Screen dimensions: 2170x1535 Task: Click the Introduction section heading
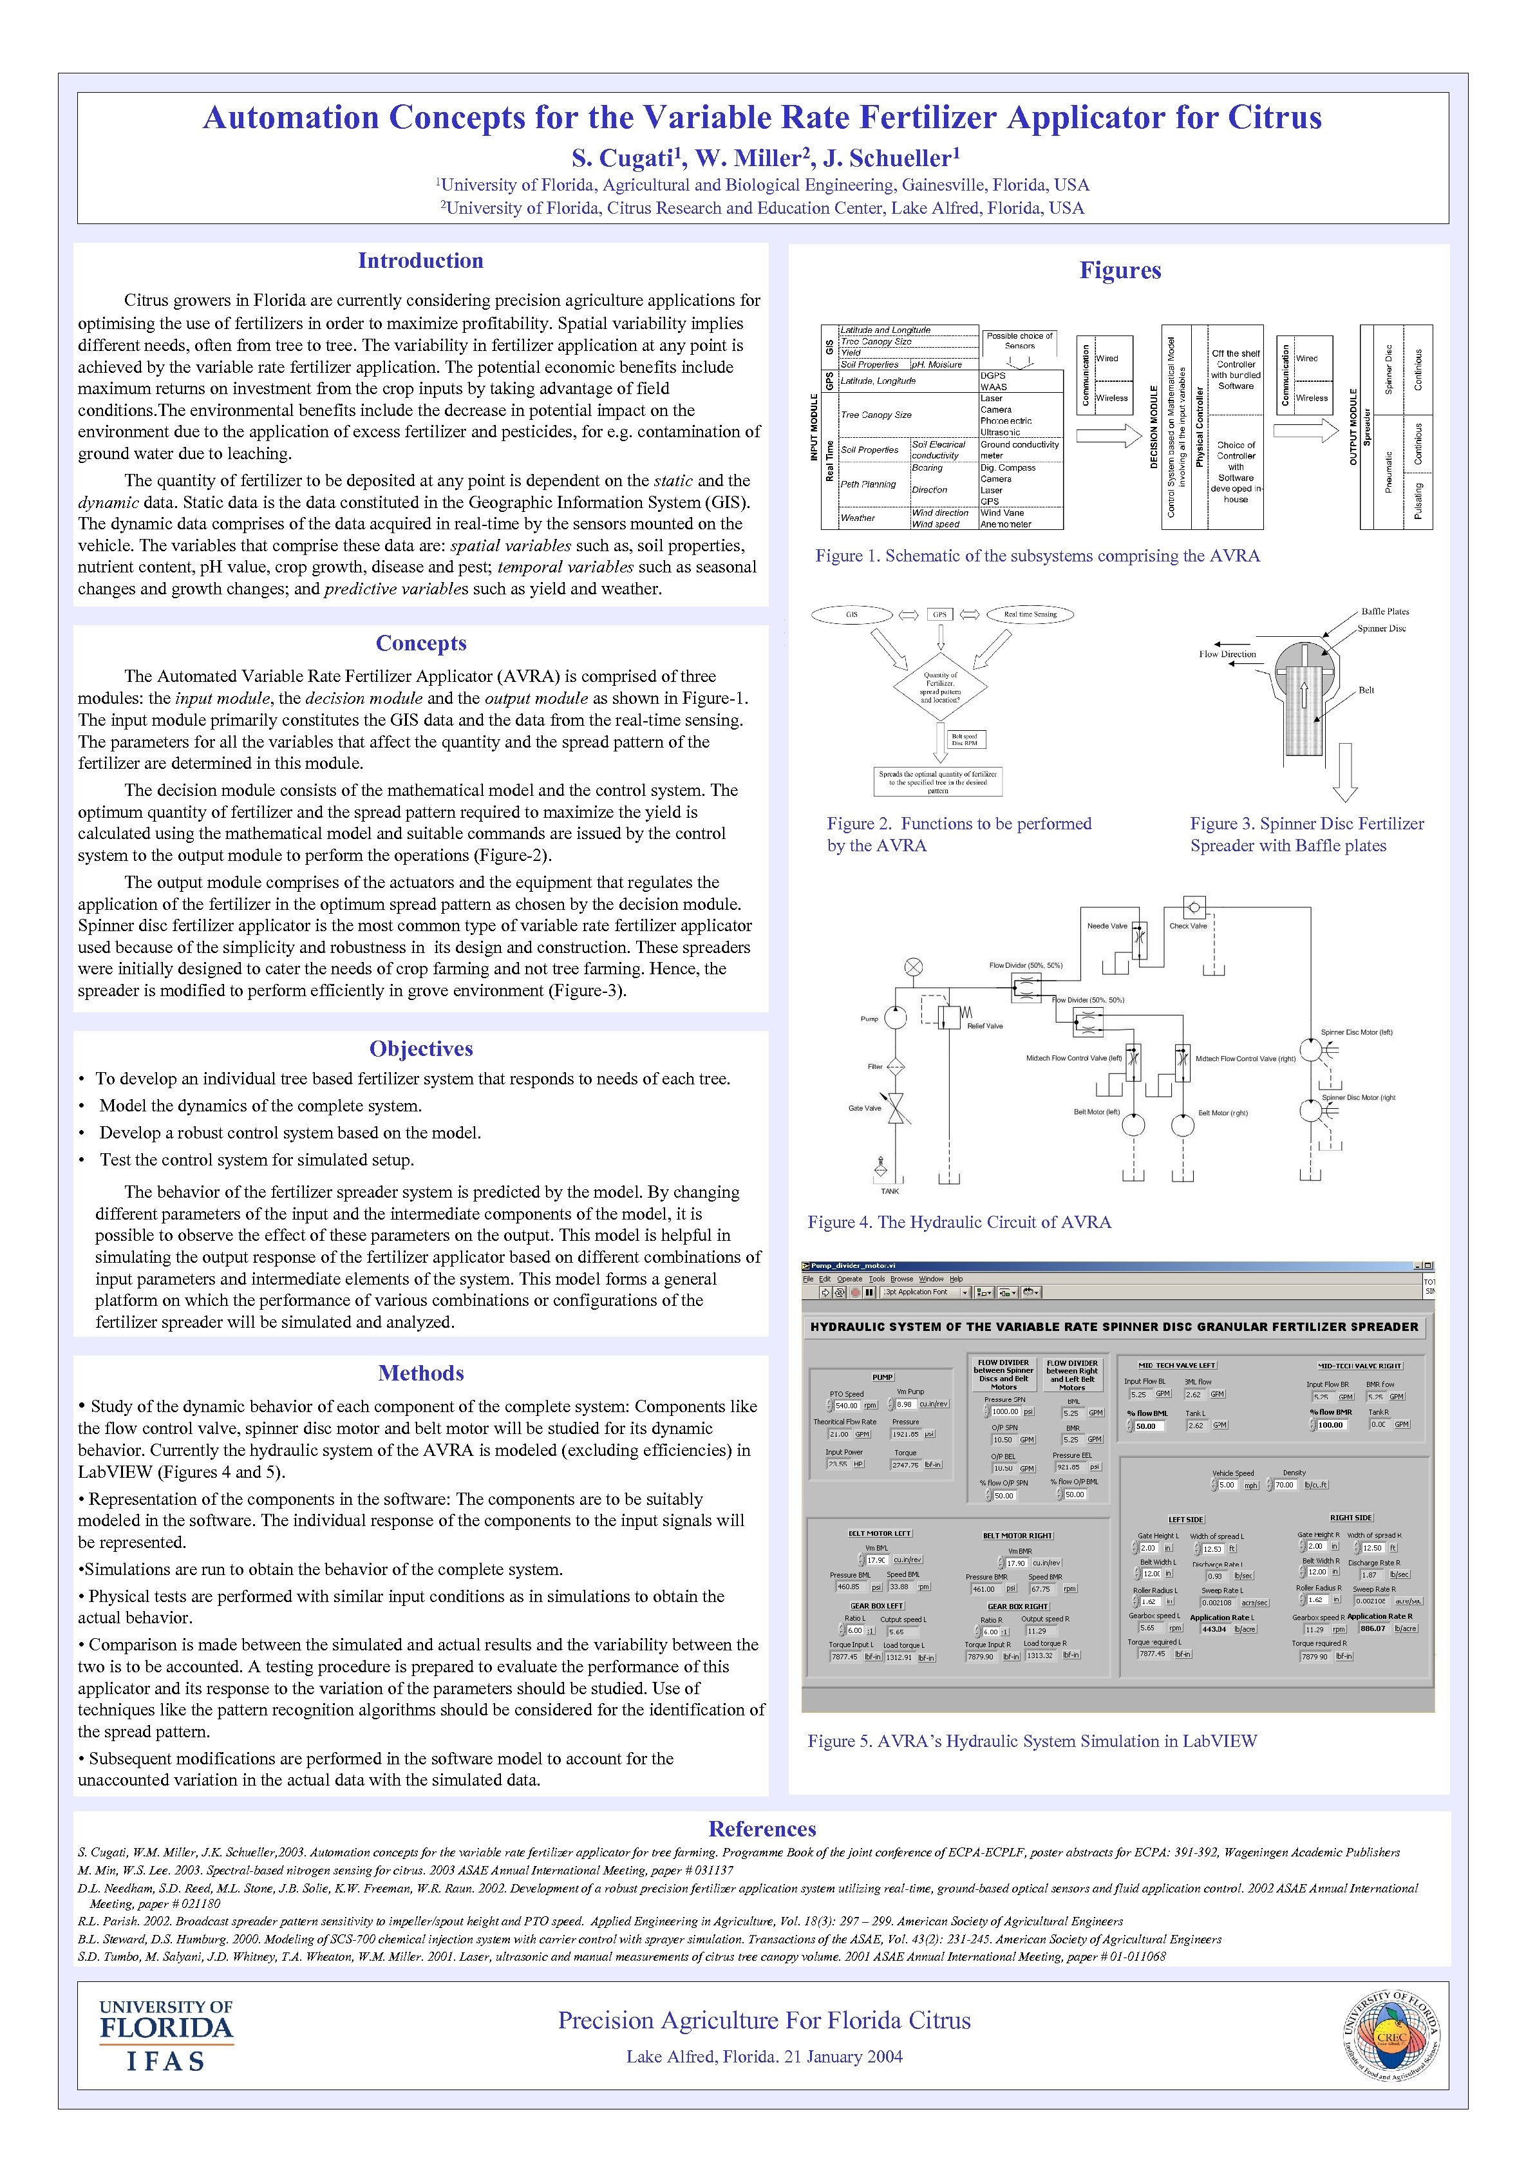(x=420, y=261)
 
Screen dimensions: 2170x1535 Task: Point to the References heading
(x=762, y=1829)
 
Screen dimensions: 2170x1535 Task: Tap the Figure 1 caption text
(x=1037, y=556)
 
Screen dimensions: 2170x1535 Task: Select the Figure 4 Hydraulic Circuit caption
(x=959, y=1222)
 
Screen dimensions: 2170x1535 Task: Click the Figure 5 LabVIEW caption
(x=1031, y=1741)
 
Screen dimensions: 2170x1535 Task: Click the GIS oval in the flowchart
(x=852, y=614)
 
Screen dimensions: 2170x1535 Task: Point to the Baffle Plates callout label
(x=1385, y=612)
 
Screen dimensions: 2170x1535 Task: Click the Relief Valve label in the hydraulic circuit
(x=985, y=1026)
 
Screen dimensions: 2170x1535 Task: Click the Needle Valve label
(x=1107, y=926)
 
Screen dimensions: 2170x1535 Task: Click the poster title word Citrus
(x=1274, y=118)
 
